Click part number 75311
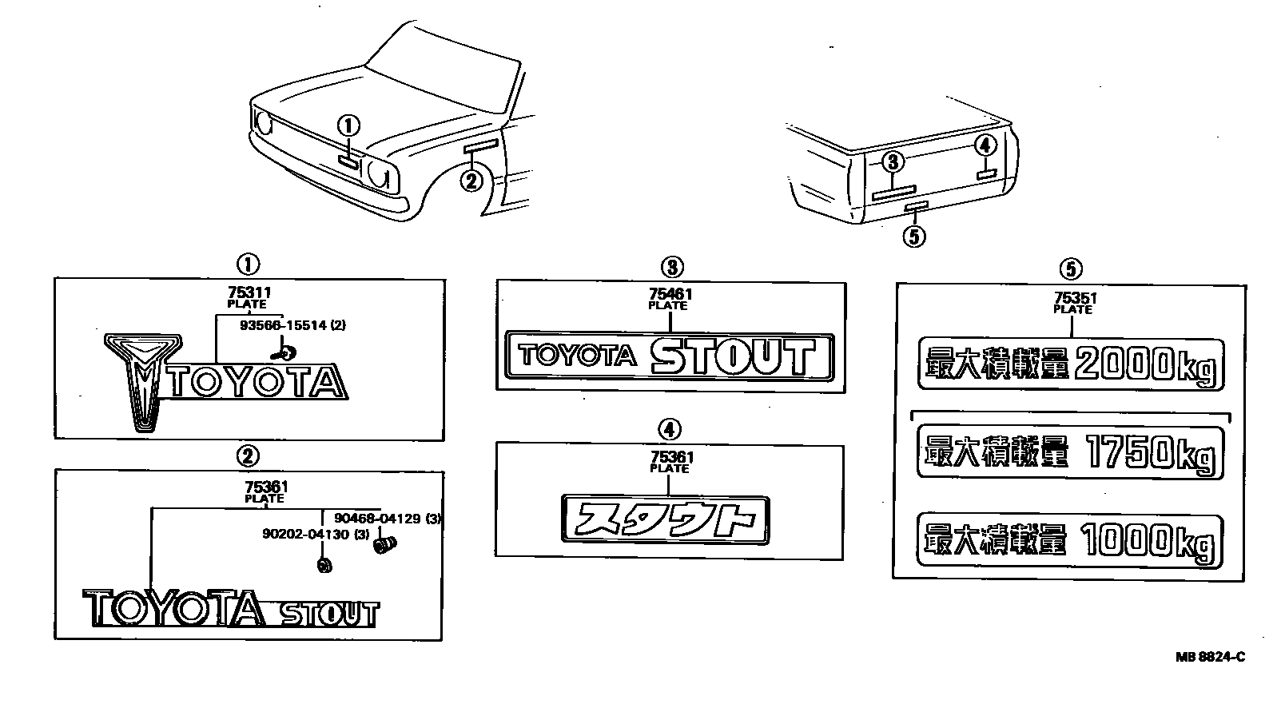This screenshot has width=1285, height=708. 249,293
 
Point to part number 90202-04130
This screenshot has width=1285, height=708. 306,535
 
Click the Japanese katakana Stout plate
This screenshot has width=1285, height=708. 666,519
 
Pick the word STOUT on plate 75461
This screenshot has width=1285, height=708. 734,356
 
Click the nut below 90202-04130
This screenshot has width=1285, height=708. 324,565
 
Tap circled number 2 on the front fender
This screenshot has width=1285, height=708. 471,181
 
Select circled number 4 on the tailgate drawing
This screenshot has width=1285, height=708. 986,145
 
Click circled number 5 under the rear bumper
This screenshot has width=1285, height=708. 914,237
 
